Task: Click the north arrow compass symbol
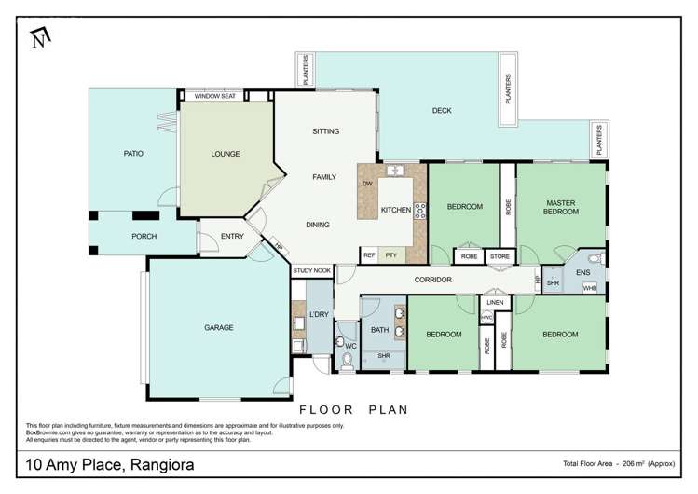(38, 38)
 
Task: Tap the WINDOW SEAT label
(214, 96)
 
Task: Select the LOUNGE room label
(226, 154)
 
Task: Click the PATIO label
(133, 153)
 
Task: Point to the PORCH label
(144, 236)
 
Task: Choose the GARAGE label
(219, 327)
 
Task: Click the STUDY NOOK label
(312, 271)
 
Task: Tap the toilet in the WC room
(347, 362)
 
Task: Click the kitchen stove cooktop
(419, 210)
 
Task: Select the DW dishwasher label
(367, 184)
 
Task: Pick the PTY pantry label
(391, 254)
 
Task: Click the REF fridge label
(369, 254)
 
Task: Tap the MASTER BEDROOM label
(562, 207)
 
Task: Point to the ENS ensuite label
(583, 272)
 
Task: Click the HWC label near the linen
(486, 318)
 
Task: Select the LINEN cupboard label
(495, 302)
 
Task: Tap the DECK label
(442, 111)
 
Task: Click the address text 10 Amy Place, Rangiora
(110, 463)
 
